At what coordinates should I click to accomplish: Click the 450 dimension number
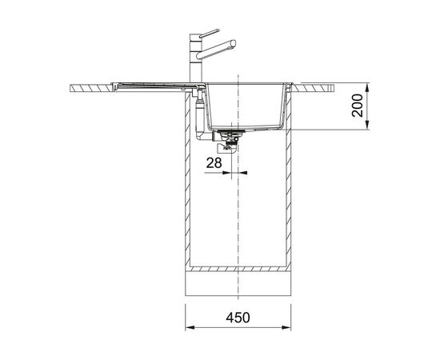tap(238, 318)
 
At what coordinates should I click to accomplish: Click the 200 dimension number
tap(358, 106)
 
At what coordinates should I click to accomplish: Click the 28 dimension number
tap(214, 162)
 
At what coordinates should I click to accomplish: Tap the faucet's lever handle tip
tap(218, 30)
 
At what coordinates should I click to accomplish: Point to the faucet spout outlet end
tap(233, 44)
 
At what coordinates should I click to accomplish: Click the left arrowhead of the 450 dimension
tap(190, 327)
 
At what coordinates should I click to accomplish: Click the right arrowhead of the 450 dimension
tap(286, 327)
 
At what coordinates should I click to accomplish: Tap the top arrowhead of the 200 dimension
tap(367, 87)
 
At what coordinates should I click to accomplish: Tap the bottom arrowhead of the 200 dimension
tap(367, 125)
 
